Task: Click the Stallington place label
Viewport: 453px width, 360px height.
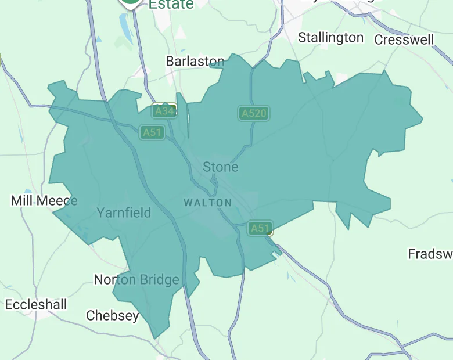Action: pyautogui.click(x=330, y=38)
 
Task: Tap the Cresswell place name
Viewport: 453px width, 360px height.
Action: pyautogui.click(x=404, y=39)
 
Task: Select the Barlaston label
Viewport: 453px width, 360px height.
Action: pyautogui.click(x=195, y=61)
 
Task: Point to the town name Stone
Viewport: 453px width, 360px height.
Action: pyautogui.click(x=220, y=167)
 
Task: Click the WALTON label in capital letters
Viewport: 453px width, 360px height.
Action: pyautogui.click(x=208, y=203)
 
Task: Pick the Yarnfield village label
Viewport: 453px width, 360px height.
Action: pyautogui.click(x=124, y=213)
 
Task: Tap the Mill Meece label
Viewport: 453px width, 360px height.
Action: pyautogui.click(x=44, y=201)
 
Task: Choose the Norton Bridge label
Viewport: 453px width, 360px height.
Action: pyautogui.click(x=136, y=280)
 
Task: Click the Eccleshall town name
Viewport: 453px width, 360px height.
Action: pyautogui.click(x=36, y=305)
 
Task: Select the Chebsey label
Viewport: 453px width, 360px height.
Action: pyautogui.click(x=113, y=316)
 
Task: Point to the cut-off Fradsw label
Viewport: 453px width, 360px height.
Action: pyautogui.click(x=430, y=254)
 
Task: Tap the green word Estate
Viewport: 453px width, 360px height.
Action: pyautogui.click(x=171, y=5)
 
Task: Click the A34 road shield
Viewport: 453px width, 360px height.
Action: pyautogui.click(x=164, y=110)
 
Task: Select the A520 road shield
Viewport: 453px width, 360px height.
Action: pyautogui.click(x=254, y=113)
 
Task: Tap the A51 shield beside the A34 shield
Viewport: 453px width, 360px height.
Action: pyautogui.click(x=152, y=132)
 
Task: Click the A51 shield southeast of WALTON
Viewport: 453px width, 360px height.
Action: pyautogui.click(x=260, y=228)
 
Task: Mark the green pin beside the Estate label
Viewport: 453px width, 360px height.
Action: pyautogui.click(x=131, y=2)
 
